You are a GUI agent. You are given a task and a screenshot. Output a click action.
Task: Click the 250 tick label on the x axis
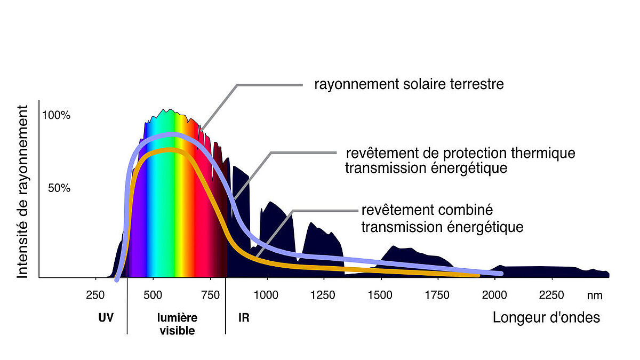(x=95, y=295)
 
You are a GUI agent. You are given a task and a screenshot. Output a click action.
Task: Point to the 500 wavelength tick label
(x=153, y=295)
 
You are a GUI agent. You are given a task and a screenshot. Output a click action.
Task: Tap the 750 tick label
(x=210, y=295)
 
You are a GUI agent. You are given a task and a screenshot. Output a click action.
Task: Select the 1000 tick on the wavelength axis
(x=267, y=295)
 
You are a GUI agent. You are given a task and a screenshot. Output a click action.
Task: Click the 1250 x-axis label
(x=324, y=295)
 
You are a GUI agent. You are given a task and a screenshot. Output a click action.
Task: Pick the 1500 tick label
(x=381, y=295)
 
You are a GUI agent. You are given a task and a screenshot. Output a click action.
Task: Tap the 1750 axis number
(x=437, y=295)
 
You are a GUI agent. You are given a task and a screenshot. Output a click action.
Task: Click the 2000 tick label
(x=494, y=295)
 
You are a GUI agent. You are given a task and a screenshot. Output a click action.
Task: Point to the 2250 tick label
(x=551, y=295)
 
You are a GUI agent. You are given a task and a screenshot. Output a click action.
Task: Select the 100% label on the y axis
(x=56, y=116)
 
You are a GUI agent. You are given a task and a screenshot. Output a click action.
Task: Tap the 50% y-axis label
(x=59, y=188)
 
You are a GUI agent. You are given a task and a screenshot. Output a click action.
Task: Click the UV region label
(x=106, y=318)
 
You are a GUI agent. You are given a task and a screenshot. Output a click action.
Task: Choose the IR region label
(x=243, y=318)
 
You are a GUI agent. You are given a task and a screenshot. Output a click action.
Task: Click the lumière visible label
(x=177, y=324)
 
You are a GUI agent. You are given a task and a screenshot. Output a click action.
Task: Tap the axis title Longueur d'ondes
(x=546, y=318)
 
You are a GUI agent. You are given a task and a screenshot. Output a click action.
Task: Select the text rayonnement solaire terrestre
(x=409, y=84)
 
